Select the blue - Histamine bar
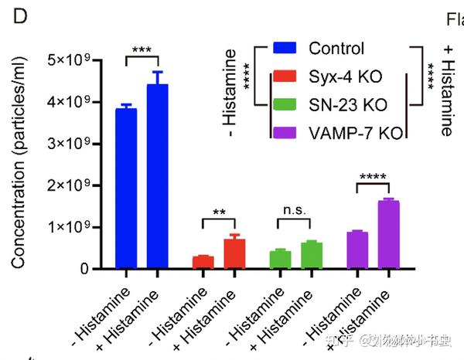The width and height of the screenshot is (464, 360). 126,188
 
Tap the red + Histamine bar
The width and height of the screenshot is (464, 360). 234,254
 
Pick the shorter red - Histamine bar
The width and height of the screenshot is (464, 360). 203,262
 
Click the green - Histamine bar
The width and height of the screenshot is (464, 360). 280,260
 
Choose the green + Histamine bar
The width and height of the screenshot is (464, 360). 312,256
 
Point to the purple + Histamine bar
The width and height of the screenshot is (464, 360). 388,235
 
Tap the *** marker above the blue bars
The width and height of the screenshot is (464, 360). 142,50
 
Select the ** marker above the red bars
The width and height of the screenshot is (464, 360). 218,211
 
